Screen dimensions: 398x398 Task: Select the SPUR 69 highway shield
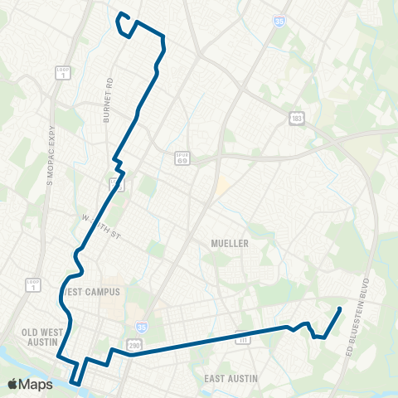[x=182, y=158]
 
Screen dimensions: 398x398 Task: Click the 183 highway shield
[x=296, y=119]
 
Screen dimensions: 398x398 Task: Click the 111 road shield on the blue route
[x=243, y=339]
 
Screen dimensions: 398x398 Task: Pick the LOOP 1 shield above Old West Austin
[x=33, y=284]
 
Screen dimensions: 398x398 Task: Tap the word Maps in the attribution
[x=36, y=384]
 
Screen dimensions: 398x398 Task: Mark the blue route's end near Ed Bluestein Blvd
[x=341, y=309]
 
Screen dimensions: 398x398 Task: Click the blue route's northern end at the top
[x=121, y=14]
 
